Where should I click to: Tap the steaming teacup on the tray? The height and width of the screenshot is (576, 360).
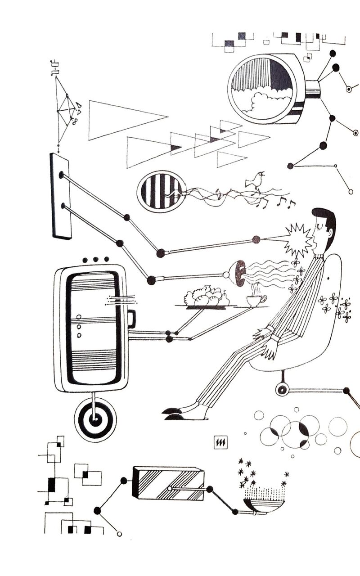pyautogui.click(x=256, y=300)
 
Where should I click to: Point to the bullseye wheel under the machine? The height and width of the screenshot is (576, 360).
pyautogui.click(x=95, y=420)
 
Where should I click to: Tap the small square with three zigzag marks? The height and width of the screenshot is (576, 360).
pyautogui.click(x=221, y=443)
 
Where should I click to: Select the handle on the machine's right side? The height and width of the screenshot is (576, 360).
pyautogui.click(x=132, y=319)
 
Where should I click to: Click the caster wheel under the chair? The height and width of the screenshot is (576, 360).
pyautogui.click(x=282, y=390)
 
